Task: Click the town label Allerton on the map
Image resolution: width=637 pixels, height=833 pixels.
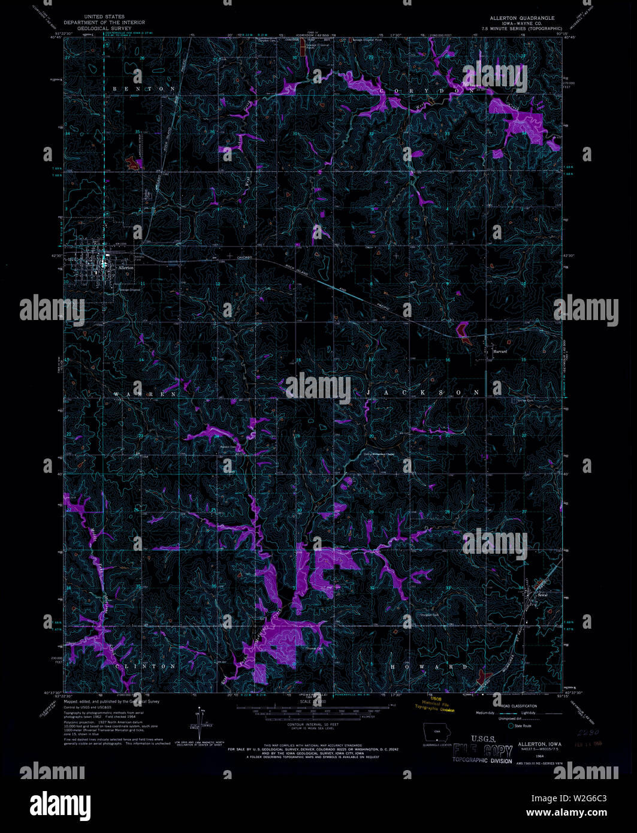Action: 126,268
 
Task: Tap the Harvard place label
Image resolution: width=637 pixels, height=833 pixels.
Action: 500,352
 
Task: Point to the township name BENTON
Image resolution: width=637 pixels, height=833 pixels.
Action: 143,89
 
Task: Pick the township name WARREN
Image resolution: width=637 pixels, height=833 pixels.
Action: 146,394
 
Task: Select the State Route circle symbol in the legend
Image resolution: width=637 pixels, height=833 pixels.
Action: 511,726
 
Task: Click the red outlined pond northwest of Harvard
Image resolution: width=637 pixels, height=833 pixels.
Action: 462,330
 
